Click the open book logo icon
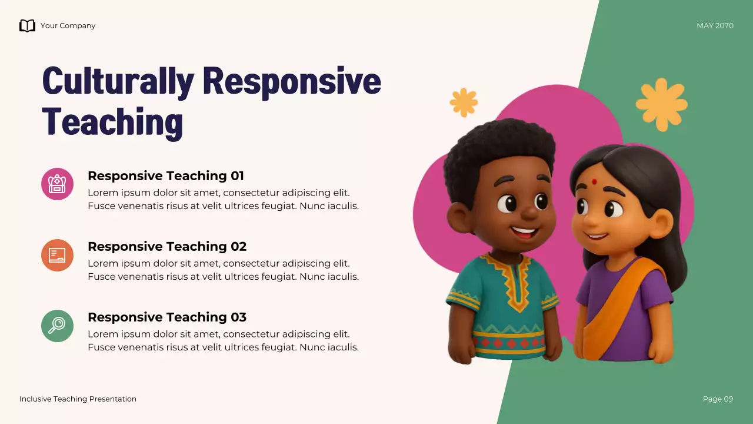(x=27, y=25)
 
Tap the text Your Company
(x=68, y=26)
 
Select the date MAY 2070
(x=715, y=26)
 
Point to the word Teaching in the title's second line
(x=112, y=122)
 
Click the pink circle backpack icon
(x=57, y=184)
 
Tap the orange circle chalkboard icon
(x=57, y=255)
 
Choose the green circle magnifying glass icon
(x=57, y=326)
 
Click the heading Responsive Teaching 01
(x=165, y=175)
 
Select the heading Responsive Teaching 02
(x=166, y=246)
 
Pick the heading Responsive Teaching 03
(x=166, y=317)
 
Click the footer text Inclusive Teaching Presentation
(x=78, y=399)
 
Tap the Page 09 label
(x=718, y=399)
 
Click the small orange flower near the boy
(x=464, y=102)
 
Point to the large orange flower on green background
(x=661, y=104)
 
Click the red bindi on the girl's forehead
(x=594, y=181)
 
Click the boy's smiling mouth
(x=523, y=232)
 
